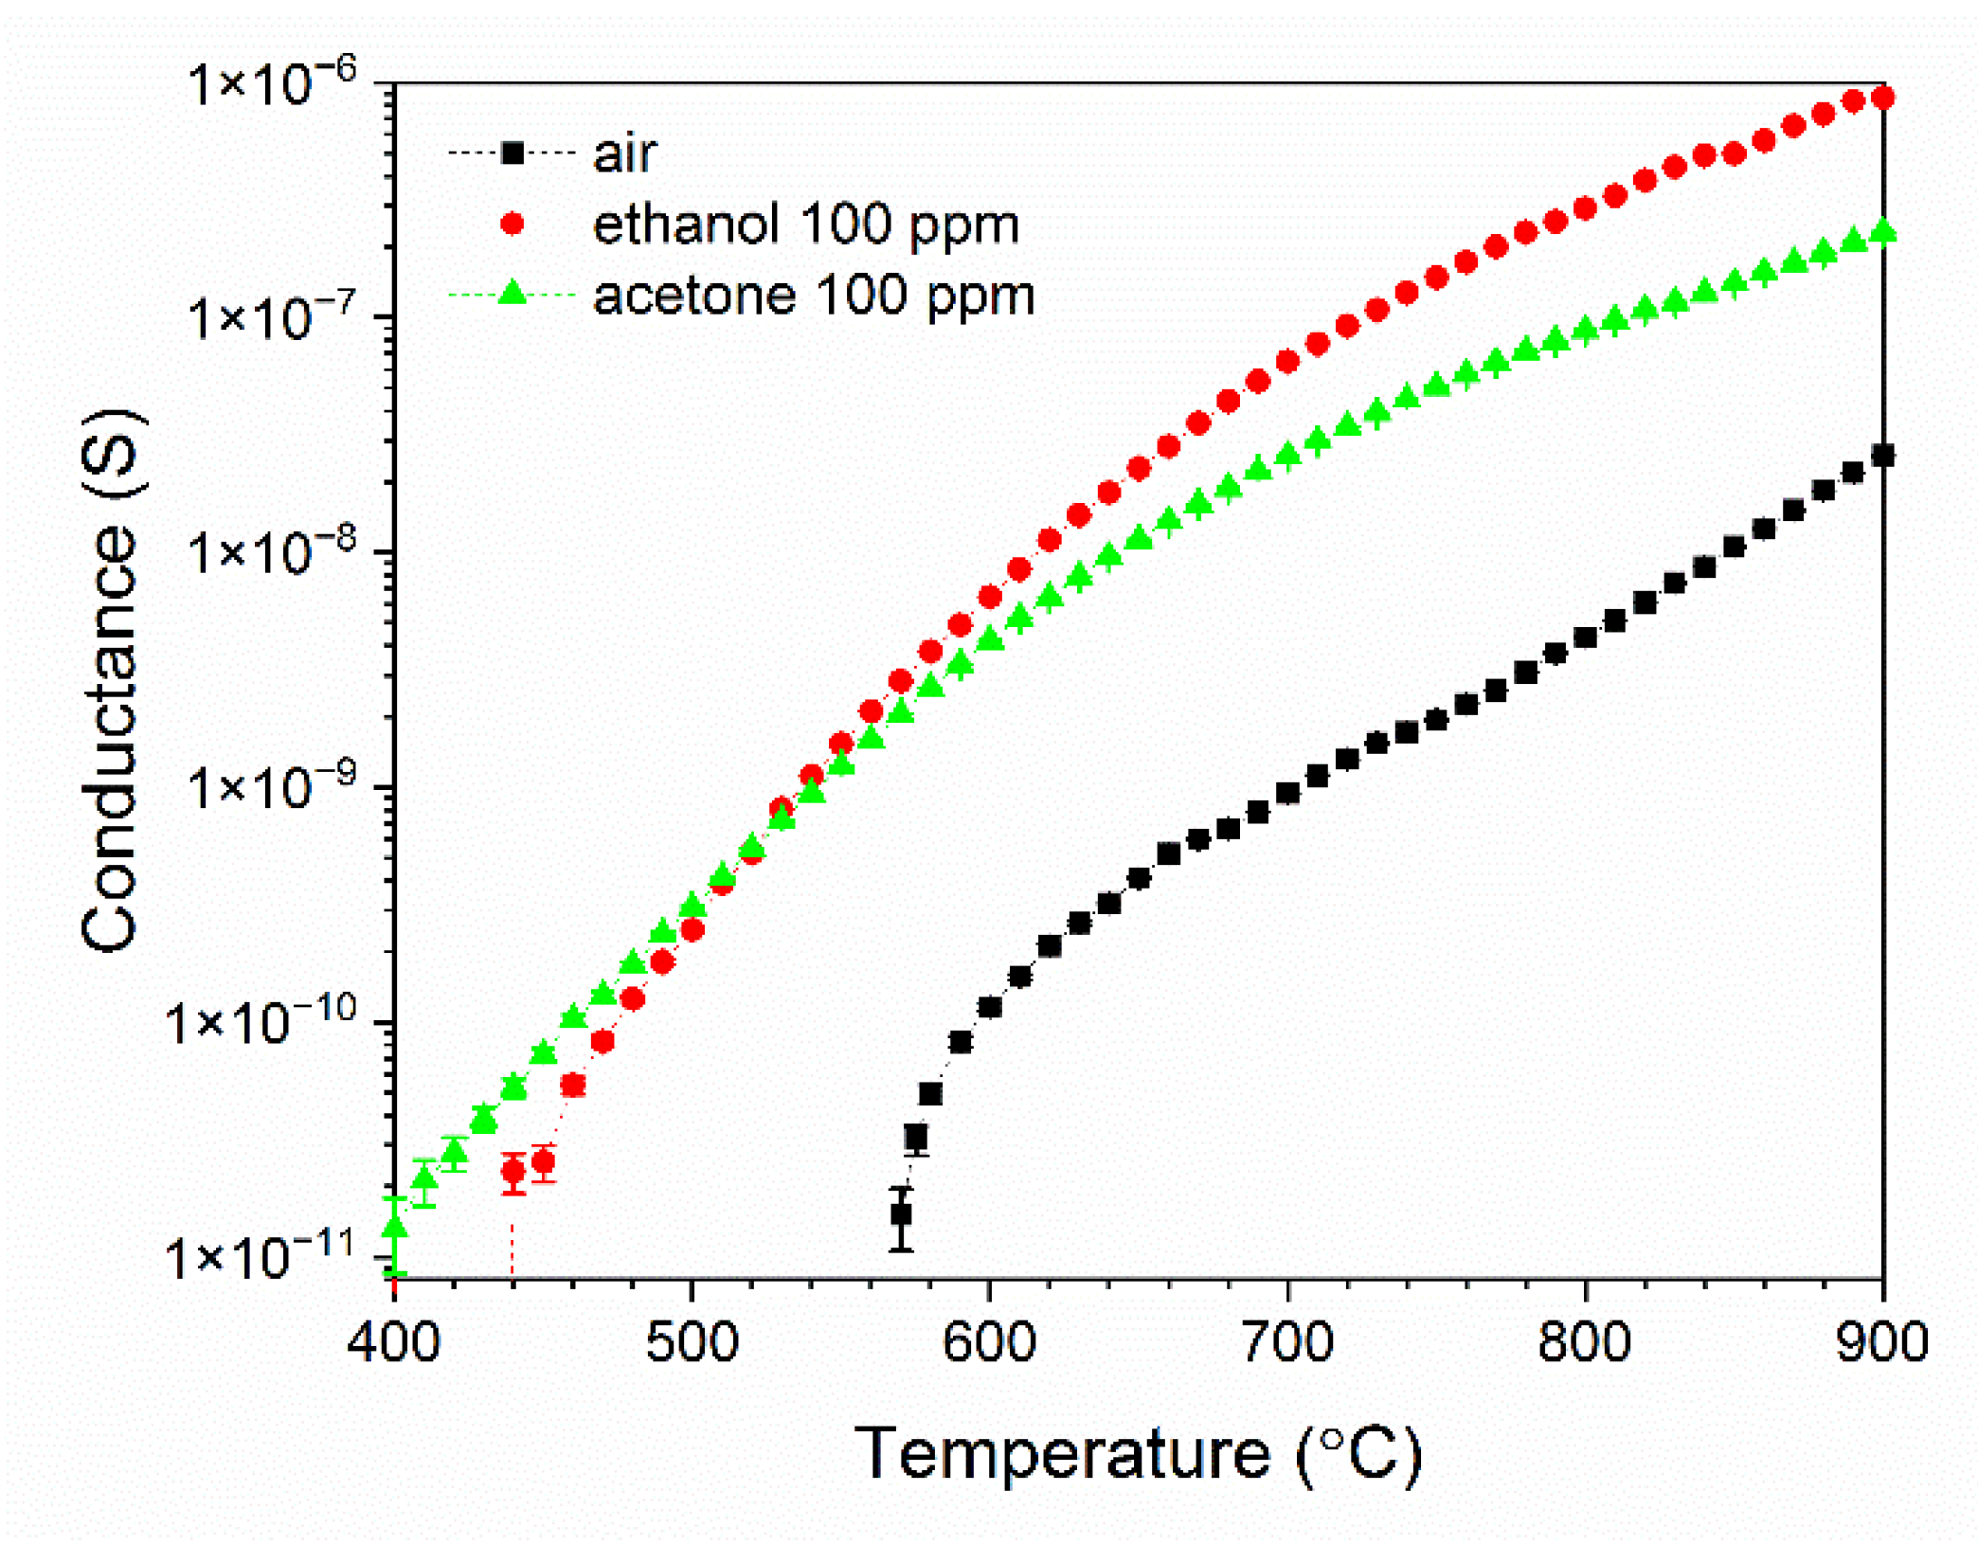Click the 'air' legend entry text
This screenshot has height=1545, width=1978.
pos(623,153)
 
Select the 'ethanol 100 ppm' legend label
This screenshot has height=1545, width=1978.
pos(805,225)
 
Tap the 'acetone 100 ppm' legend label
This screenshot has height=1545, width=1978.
pos(813,296)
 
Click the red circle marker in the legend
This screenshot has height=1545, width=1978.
pos(512,225)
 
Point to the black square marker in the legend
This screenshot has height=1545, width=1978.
pos(512,153)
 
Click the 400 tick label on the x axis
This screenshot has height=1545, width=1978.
pos(393,1342)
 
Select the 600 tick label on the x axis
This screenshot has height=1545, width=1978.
pos(989,1342)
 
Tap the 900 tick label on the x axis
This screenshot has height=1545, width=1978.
pos(1881,1342)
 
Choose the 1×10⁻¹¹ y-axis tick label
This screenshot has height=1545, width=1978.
pos(260,1257)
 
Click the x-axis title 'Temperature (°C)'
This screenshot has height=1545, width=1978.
pos(1138,1454)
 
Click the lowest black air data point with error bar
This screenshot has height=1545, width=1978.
pos(901,1213)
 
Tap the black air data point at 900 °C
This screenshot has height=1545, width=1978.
pos(1883,456)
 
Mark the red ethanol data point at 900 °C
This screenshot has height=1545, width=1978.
pos(1883,98)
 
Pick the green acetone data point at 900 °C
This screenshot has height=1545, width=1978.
pos(1883,232)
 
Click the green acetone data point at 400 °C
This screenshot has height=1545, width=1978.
pos(395,1228)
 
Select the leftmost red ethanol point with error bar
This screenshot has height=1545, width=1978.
pos(512,1172)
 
